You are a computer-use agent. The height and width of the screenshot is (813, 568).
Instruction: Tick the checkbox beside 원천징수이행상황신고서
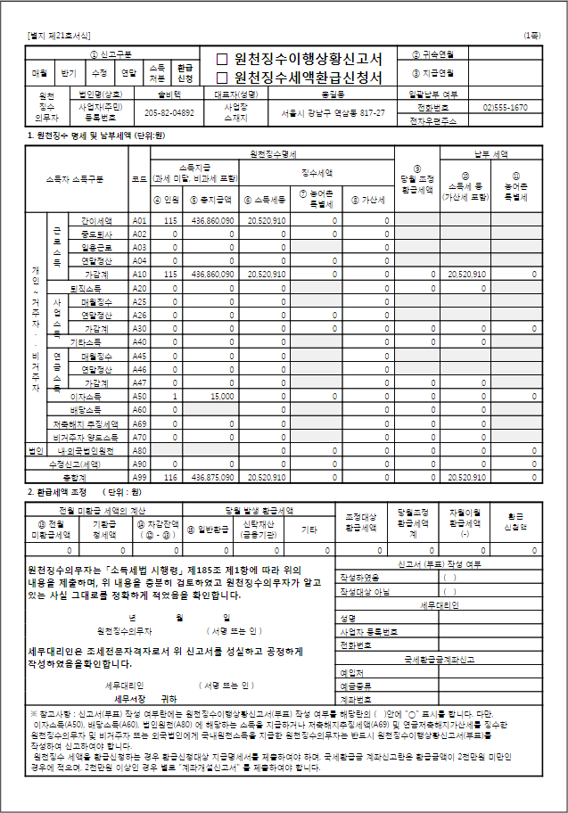point(223,59)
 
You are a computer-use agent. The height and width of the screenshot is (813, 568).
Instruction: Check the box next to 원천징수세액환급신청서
point(223,77)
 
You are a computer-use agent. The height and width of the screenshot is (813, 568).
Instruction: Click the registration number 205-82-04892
point(169,113)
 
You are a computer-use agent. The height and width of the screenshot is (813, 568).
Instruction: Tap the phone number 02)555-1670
point(506,107)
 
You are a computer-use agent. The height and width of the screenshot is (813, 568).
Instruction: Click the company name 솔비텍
point(169,93)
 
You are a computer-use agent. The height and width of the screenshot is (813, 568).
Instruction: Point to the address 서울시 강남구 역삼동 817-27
point(333,113)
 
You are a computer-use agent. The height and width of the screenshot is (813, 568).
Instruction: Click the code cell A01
point(139,220)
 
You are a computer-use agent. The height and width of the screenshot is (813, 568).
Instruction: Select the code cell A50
point(139,396)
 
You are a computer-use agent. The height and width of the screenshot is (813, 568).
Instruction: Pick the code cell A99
point(139,478)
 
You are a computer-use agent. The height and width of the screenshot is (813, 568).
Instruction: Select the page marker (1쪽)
point(532,36)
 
